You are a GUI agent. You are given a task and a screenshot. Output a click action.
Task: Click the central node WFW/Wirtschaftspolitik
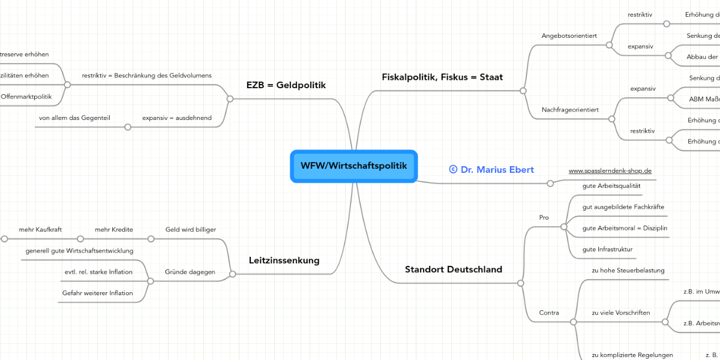tap(353, 166)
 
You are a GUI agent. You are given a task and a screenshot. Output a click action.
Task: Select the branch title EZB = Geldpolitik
tap(286, 85)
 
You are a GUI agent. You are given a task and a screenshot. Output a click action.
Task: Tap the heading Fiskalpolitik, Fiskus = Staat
tap(442, 77)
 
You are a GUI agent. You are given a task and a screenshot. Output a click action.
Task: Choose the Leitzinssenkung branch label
tap(284, 260)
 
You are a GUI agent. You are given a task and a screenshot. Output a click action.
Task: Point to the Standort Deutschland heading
tap(453, 269)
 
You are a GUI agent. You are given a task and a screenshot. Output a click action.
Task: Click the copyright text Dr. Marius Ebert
tap(491, 170)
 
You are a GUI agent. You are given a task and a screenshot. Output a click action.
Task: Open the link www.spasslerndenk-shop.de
tap(610, 171)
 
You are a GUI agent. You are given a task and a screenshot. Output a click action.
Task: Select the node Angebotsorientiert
tap(569, 35)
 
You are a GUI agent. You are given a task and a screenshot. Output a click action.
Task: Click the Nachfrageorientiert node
tap(570, 110)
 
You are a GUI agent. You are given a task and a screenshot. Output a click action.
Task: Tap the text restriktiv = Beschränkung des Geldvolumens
tap(146, 76)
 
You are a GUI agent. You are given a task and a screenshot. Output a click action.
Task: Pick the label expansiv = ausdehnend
tap(176, 118)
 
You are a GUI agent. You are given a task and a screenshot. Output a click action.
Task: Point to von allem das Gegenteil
tap(74, 118)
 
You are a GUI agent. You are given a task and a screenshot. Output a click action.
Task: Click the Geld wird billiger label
tap(190, 229)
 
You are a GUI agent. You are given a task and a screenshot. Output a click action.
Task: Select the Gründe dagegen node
tap(190, 272)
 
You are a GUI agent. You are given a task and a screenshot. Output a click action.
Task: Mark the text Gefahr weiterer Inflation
tap(97, 293)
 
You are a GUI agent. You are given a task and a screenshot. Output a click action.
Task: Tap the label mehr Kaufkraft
tap(40, 229)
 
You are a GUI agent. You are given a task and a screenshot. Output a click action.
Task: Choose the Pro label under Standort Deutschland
tap(544, 217)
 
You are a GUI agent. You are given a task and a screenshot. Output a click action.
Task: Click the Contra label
tap(549, 313)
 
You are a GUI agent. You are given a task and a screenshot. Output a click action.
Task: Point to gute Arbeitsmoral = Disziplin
tap(625, 228)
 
